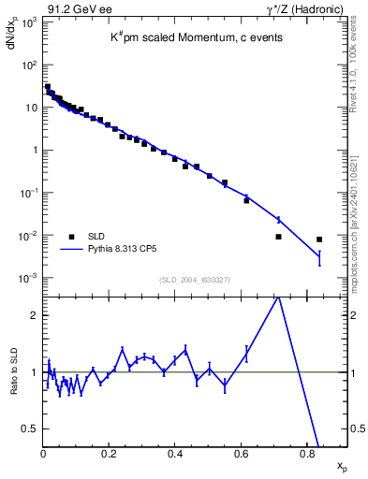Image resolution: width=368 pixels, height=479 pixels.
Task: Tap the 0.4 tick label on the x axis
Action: coord(175,456)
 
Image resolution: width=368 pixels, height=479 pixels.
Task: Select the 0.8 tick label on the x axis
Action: coord(307,456)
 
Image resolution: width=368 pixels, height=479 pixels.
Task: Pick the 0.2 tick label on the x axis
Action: coord(110,456)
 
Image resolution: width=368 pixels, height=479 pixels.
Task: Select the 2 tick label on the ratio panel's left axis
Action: coord(36,315)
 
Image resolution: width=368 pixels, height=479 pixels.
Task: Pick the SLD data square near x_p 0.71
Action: coord(279,237)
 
